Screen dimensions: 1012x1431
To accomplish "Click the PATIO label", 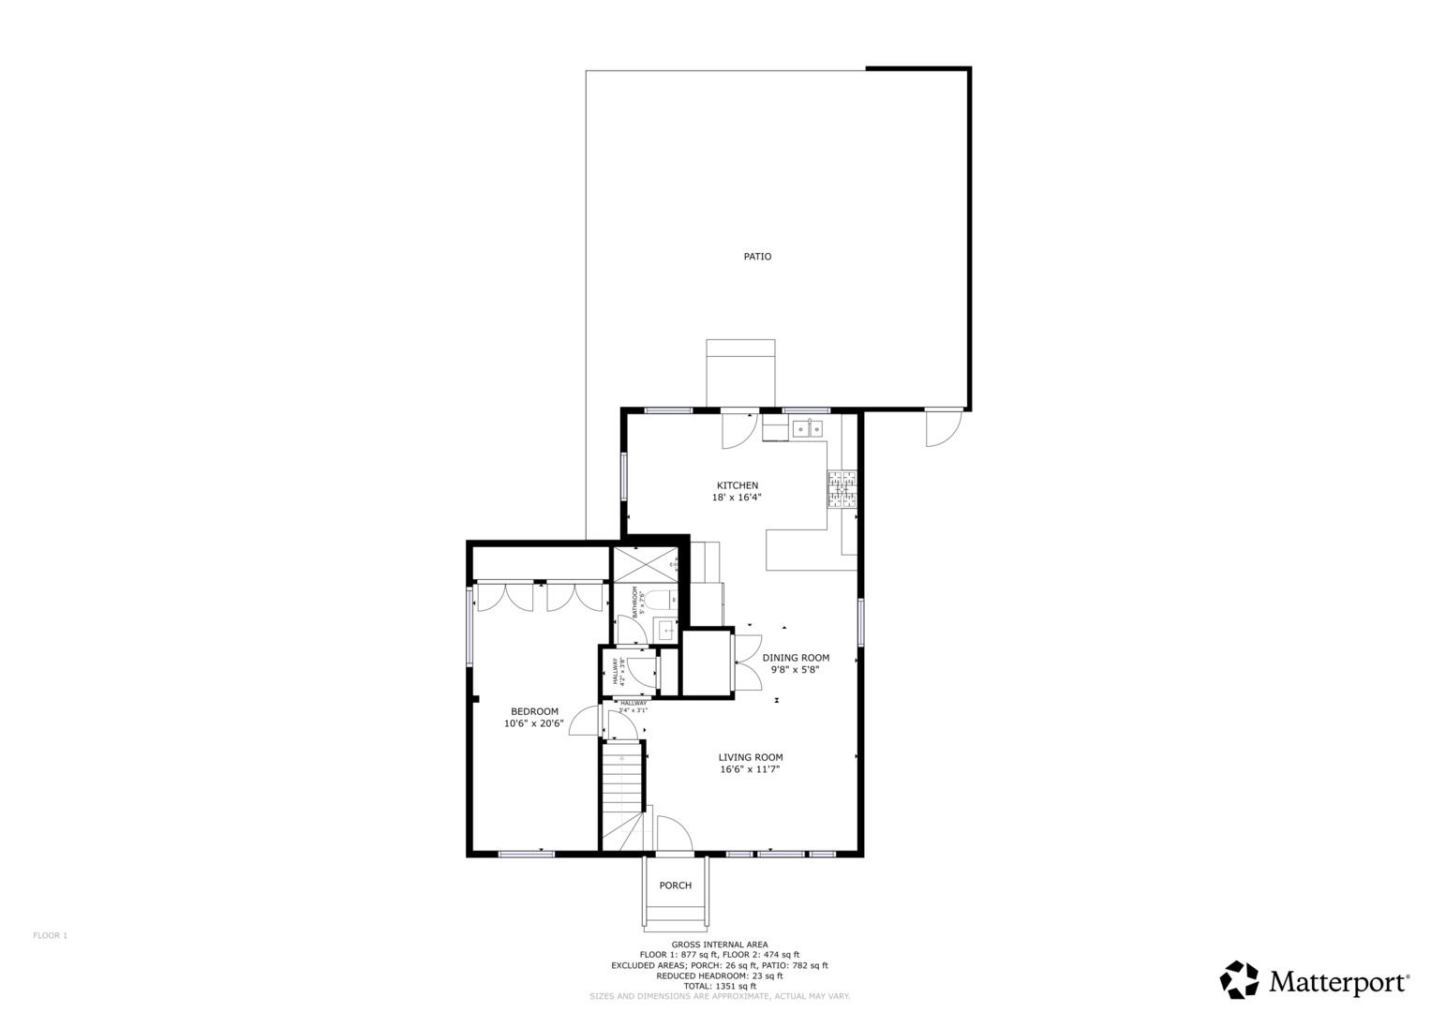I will click(757, 257).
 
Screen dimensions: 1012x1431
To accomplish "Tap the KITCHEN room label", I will click(738, 485).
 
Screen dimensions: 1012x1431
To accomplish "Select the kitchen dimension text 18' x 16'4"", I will click(737, 499).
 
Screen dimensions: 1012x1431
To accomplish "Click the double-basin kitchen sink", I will click(808, 429).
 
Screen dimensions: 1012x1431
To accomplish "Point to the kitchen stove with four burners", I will click(842, 490).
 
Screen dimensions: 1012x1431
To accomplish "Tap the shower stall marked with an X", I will click(644, 564).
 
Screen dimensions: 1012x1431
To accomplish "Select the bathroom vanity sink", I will click(665, 630).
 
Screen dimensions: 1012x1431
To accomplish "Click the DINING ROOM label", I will click(796, 658).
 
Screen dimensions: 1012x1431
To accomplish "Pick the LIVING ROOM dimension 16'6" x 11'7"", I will click(750, 770).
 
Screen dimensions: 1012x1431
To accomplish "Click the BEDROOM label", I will click(534, 711).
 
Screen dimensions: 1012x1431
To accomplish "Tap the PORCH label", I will click(675, 885).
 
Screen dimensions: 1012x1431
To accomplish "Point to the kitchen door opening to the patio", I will click(738, 429).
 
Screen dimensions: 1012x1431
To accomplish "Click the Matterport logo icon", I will click(1239, 980).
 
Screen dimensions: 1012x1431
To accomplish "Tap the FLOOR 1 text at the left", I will click(51, 935).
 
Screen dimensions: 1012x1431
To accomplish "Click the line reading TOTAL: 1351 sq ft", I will click(720, 986).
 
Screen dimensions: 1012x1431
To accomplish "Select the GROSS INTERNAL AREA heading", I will click(720, 945).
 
